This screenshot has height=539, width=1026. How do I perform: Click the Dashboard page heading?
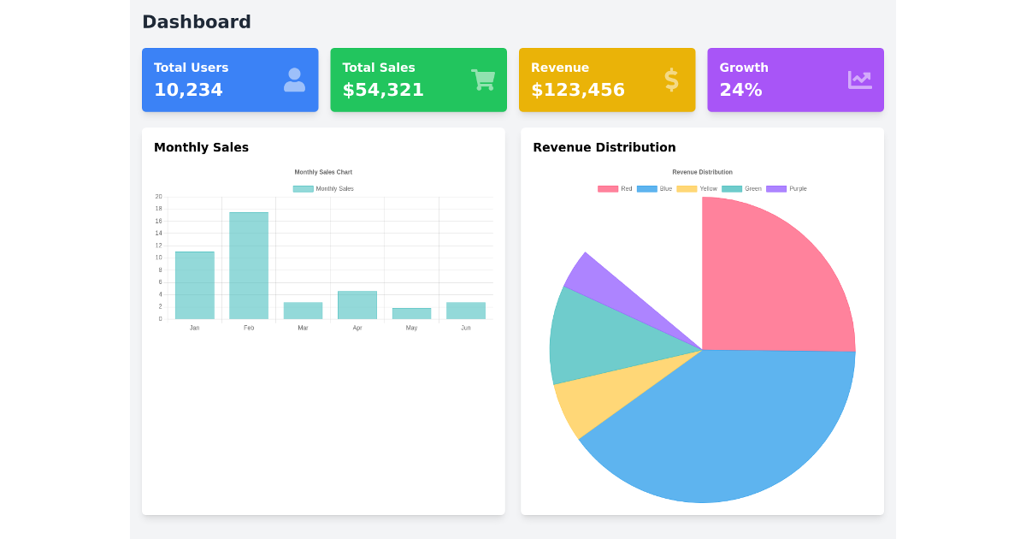pos(197,22)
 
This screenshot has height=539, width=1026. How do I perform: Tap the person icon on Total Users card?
pos(294,80)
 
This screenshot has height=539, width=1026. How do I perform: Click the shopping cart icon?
pos(483,80)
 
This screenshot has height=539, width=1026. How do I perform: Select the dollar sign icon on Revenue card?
pos(671,80)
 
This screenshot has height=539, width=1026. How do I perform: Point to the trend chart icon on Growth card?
pos(859,80)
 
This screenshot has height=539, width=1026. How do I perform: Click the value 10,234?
pos(188,90)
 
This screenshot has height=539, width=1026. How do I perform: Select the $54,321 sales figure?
pos(383,90)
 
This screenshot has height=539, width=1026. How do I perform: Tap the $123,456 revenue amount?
pos(577,90)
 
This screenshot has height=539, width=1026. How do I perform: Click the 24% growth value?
pos(740,90)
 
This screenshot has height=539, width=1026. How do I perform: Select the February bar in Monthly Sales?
pos(249,265)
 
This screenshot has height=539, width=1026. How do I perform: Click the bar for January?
pos(194,285)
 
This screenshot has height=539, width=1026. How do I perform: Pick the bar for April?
pos(357,305)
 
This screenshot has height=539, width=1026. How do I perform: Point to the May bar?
pos(411,314)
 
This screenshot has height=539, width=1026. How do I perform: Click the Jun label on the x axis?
pos(466,328)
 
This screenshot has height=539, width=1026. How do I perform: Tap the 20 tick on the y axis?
pos(158,197)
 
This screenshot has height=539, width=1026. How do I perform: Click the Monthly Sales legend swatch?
pos(303,189)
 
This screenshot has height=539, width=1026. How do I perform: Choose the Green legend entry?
pos(741,189)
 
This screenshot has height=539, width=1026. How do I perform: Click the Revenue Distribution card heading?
pos(604,147)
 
